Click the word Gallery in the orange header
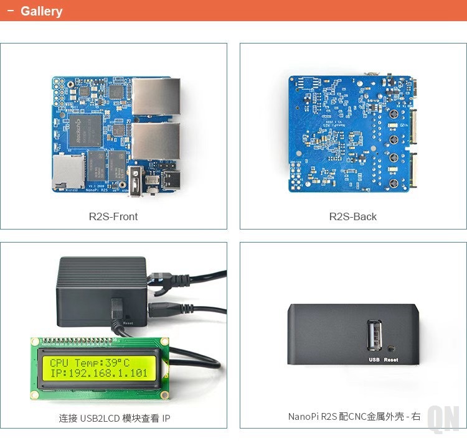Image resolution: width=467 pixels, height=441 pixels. click(x=41, y=11)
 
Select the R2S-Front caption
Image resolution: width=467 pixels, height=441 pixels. click(x=113, y=216)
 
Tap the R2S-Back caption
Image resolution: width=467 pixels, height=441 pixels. click(x=353, y=216)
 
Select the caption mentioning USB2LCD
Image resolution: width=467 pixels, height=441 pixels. click(x=115, y=419)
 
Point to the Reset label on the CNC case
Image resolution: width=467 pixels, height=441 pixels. click(x=391, y=360)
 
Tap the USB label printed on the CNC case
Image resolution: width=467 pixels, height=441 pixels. click(x=374, y=360)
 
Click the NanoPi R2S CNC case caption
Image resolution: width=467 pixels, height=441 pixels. click(x=354, y=416)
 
